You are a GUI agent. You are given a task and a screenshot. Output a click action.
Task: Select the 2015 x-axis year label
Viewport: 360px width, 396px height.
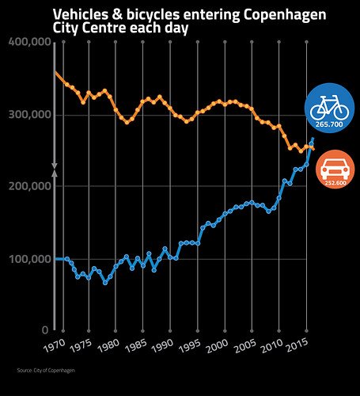[x=297, y=346]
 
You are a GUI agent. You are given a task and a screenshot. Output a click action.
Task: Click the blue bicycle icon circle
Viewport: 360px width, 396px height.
[x=327, y=107]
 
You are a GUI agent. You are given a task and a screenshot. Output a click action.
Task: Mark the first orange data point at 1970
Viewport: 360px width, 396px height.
[x=55, y=74]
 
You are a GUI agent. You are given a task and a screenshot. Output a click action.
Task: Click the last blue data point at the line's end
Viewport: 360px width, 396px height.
[x=313, y=139]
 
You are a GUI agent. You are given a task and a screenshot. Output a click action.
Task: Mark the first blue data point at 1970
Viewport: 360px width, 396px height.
[x=55, y=259]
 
